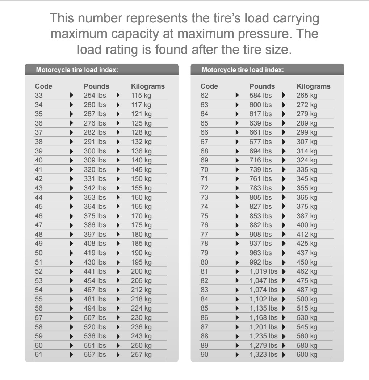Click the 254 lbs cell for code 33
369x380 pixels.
point(95,96)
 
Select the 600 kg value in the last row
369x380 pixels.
point(307,355)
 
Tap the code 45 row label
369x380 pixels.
point(39,207)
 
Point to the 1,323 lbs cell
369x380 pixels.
point(263,355)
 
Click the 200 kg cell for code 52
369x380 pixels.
point(141,271)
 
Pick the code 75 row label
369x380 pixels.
point(205,216)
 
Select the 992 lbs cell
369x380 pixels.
point(260,262)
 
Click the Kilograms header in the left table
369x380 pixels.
point(148,86)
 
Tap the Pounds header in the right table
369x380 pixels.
point(262,86)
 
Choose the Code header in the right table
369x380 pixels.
point(209,86)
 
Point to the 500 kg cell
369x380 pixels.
point(307,299)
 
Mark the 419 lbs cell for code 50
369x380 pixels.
point(95,253)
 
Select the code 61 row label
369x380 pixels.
point(39,355)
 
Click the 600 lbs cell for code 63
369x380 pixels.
point(260,105)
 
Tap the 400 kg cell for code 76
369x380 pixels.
point(307,225)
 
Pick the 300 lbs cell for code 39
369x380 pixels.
point(95,151)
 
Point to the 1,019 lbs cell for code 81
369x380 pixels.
point(263,271)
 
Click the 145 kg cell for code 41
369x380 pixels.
point(141,169)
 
